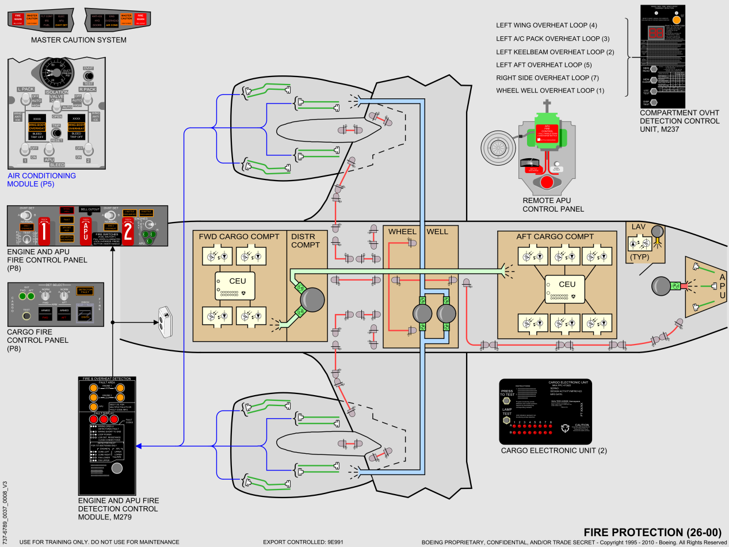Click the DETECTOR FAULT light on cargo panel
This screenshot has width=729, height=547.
click(85, 292)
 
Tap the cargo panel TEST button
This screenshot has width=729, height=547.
click(26, 315)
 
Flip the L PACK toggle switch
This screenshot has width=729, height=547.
click(26, 100)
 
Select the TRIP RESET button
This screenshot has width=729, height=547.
click(56, 133)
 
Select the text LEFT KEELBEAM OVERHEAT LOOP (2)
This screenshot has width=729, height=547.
click(555, 52)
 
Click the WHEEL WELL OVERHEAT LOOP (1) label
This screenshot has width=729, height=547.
click(550, 91)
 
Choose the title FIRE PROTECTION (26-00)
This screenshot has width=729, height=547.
click(652, 531)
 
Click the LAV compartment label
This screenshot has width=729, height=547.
click(639, 227)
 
